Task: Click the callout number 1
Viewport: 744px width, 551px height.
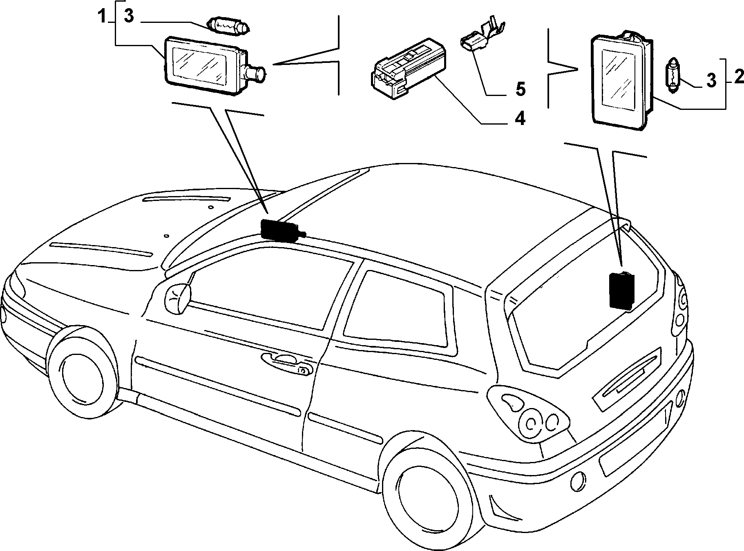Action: (102, 17)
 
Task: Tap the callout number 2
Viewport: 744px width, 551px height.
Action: (738, 77)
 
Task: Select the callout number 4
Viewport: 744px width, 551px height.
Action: (519, 118)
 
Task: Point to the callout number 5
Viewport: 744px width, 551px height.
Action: (520, 89)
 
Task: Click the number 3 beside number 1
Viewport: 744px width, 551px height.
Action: (129, 17)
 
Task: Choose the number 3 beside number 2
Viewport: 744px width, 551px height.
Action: (711, 80)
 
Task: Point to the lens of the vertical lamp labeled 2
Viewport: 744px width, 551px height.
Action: (619, 78)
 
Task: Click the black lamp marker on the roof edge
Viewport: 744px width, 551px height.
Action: (282, 230)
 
